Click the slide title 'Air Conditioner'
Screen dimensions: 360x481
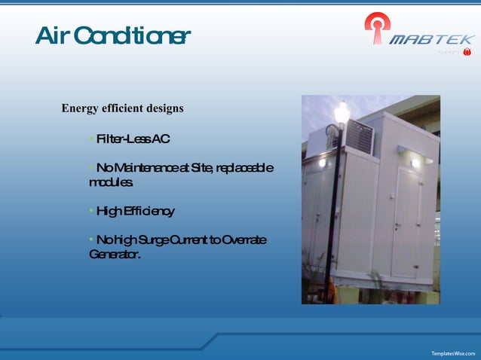coord(112,35)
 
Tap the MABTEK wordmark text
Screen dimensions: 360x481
coord(431,39)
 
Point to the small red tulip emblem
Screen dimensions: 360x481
coord(467,52)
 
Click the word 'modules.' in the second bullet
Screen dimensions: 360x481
coord(111,182)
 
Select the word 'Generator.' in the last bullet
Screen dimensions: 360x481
coord(114,255)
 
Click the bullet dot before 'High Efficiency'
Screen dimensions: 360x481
coord(91,210)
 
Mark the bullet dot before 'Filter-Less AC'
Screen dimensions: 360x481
coord(91,138)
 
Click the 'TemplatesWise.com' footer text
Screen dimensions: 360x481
coord(452,352)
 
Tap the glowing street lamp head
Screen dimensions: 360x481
coord(342,112)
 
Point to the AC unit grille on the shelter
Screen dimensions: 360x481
coord(359,138)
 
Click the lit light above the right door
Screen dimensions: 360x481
coord(415,161)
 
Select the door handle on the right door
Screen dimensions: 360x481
coord(418,219)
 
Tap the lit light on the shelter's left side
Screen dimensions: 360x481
coord(322,162)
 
